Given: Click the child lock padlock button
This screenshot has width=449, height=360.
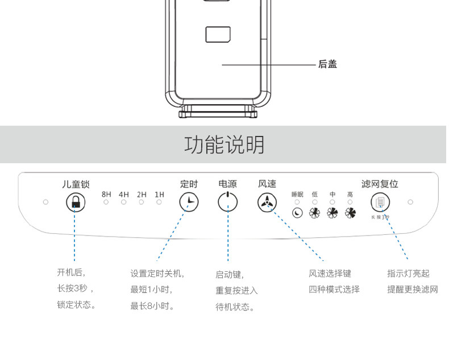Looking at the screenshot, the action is (x=76, y=202).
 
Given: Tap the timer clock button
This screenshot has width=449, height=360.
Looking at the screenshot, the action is (x=189, y=202).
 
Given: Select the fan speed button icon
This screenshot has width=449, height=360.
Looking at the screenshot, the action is (x=267, y=202).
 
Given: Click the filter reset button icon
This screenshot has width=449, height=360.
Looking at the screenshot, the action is (x=380, y=202).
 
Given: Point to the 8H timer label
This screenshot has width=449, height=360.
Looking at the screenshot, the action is (x=106, y=195).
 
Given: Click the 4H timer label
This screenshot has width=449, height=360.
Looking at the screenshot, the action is (x=124, y=195).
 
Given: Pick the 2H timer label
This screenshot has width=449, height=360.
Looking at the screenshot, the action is (x=142, y=195).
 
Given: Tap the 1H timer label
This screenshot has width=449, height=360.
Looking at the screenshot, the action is (x=159, y=195).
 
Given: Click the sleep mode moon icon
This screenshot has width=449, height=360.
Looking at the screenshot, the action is (x=297, y=213).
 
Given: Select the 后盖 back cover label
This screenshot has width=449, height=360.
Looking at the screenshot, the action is (x=327, y=64).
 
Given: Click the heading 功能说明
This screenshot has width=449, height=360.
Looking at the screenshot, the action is (x=224, y=145).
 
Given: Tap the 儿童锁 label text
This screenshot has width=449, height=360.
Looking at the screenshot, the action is (x=76, y=184).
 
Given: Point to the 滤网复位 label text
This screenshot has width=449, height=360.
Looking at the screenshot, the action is (x=380, y=184).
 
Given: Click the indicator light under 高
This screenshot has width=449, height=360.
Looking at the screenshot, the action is (x=350, y=202).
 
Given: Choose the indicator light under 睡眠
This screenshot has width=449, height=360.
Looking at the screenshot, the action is (x=297, y=202).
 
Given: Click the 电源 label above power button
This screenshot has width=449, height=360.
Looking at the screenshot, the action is (x=227, y=184).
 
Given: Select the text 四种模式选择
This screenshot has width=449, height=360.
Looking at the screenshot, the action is (x=334, y=289).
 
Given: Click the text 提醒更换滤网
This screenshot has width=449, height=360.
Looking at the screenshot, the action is (x=413, y=289).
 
